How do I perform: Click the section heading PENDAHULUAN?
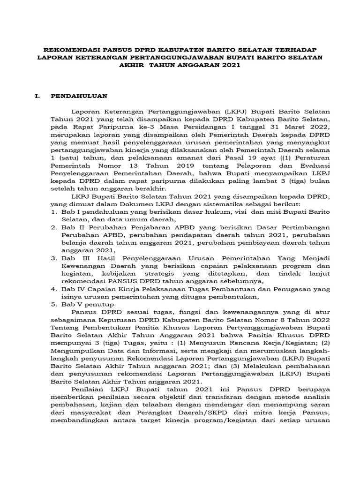[79, 97]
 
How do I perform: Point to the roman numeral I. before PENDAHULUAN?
[39, 97]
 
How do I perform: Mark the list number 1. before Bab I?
[54, 212]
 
